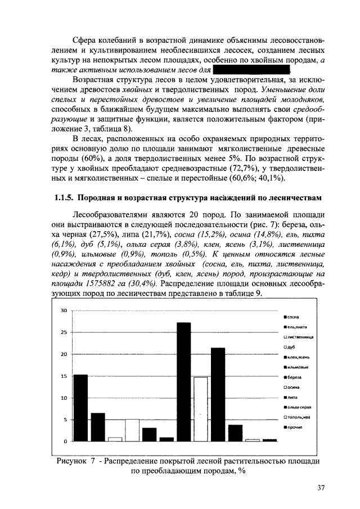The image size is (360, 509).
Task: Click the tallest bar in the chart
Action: [x=184, y=382]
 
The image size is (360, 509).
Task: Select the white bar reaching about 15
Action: [x=201, y=409]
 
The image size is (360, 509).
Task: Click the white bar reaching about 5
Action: [x=132, y=430]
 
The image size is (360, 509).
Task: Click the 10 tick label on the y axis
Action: [x=64, y=398]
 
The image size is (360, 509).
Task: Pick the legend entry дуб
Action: [x=292, y=347]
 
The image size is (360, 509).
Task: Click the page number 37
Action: [x=321, y=488]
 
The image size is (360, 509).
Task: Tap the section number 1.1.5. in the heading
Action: [x=64, y=198]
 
